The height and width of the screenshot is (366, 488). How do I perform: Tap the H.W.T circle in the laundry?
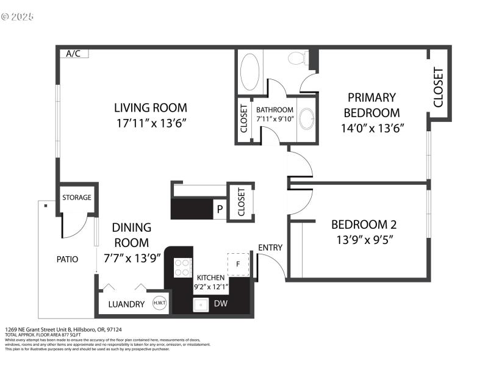pyautogui.click(x=160, y=303)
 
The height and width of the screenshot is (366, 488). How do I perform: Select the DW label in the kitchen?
pyautogui.click(x=220, y=303)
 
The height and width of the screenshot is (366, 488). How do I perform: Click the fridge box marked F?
pyautogui.click(x=239, y=264)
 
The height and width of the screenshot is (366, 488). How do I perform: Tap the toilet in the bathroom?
pyautogui.click(x=296, y=59)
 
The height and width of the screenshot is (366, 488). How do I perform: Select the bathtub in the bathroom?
pyautogui.click(x=250, y=72)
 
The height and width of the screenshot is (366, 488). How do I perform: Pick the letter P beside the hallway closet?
pyautogui.click(x=219, y=209)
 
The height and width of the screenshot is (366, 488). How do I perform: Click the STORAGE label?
pyautogui.click(x=77, y=198)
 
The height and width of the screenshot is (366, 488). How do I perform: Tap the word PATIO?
pyautogui.click(x=68, y=259)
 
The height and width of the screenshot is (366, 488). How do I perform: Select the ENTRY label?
pyautogui.click(x=270, y=247)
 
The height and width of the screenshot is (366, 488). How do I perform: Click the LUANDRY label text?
pyautogui.click(x=126, y=304)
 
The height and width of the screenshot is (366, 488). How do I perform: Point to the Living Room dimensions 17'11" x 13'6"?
pyautogui.click(x=151, y=123)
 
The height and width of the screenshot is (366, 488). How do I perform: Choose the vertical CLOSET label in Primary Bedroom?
pyautogui.click(x=438, y=87)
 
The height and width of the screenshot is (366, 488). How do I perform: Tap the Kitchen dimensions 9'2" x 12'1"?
pyautogui.click(x=210, y=285)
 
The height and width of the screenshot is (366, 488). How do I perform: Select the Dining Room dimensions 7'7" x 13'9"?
pyautogui.click(x=131, y=258)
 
